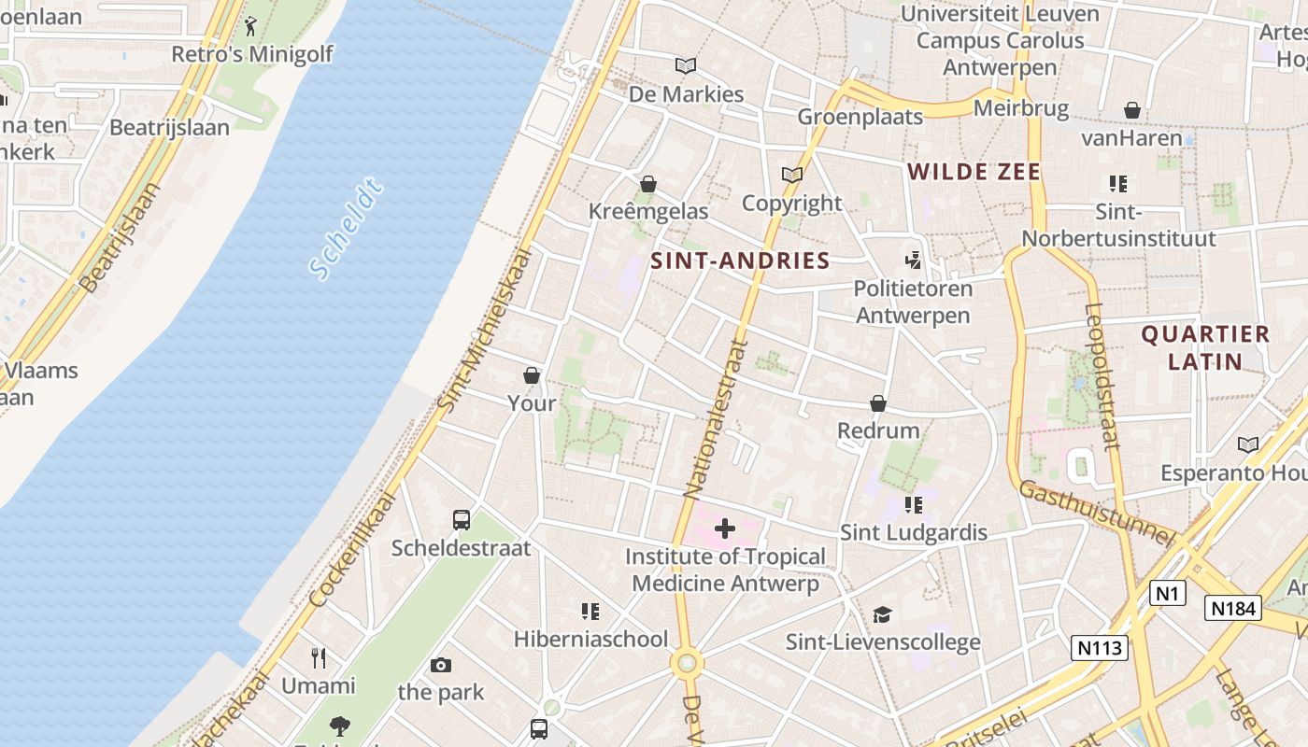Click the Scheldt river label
346,229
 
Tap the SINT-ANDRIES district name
740,261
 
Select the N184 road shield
1233,608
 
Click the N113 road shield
1100,647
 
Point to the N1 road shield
1167,592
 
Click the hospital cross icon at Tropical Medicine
725,529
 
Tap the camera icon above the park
441,665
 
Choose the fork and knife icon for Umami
319,658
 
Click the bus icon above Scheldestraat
461,520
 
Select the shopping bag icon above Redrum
878,403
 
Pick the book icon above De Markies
686,66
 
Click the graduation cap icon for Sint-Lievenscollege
882,614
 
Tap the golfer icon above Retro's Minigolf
250,26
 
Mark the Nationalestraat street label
717,416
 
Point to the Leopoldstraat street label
1103,376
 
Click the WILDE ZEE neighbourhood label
974,172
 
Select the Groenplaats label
860,117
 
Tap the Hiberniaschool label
590,639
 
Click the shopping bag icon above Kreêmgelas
648,184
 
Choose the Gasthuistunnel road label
1095,513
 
